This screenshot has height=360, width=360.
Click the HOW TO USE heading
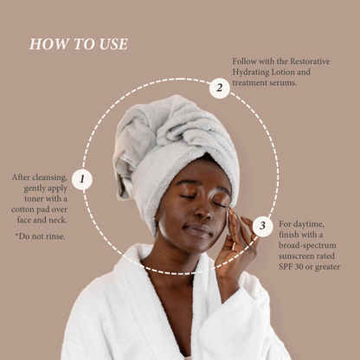[x=78, y=43]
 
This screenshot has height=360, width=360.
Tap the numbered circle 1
[x=81, y=179]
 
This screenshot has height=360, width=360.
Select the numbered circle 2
[x=220, y=87]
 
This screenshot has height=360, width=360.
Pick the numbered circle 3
[x=263, y=228]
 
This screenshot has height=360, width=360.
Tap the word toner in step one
[x=27, y=198]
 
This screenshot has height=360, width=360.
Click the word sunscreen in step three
[x=299, y=257]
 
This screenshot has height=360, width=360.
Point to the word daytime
[x=311, y=225]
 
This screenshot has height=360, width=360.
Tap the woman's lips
[x=198, y=230]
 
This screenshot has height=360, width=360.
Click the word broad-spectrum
[x=305, y=247]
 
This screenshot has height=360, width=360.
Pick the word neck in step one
[x=56, y=220]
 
